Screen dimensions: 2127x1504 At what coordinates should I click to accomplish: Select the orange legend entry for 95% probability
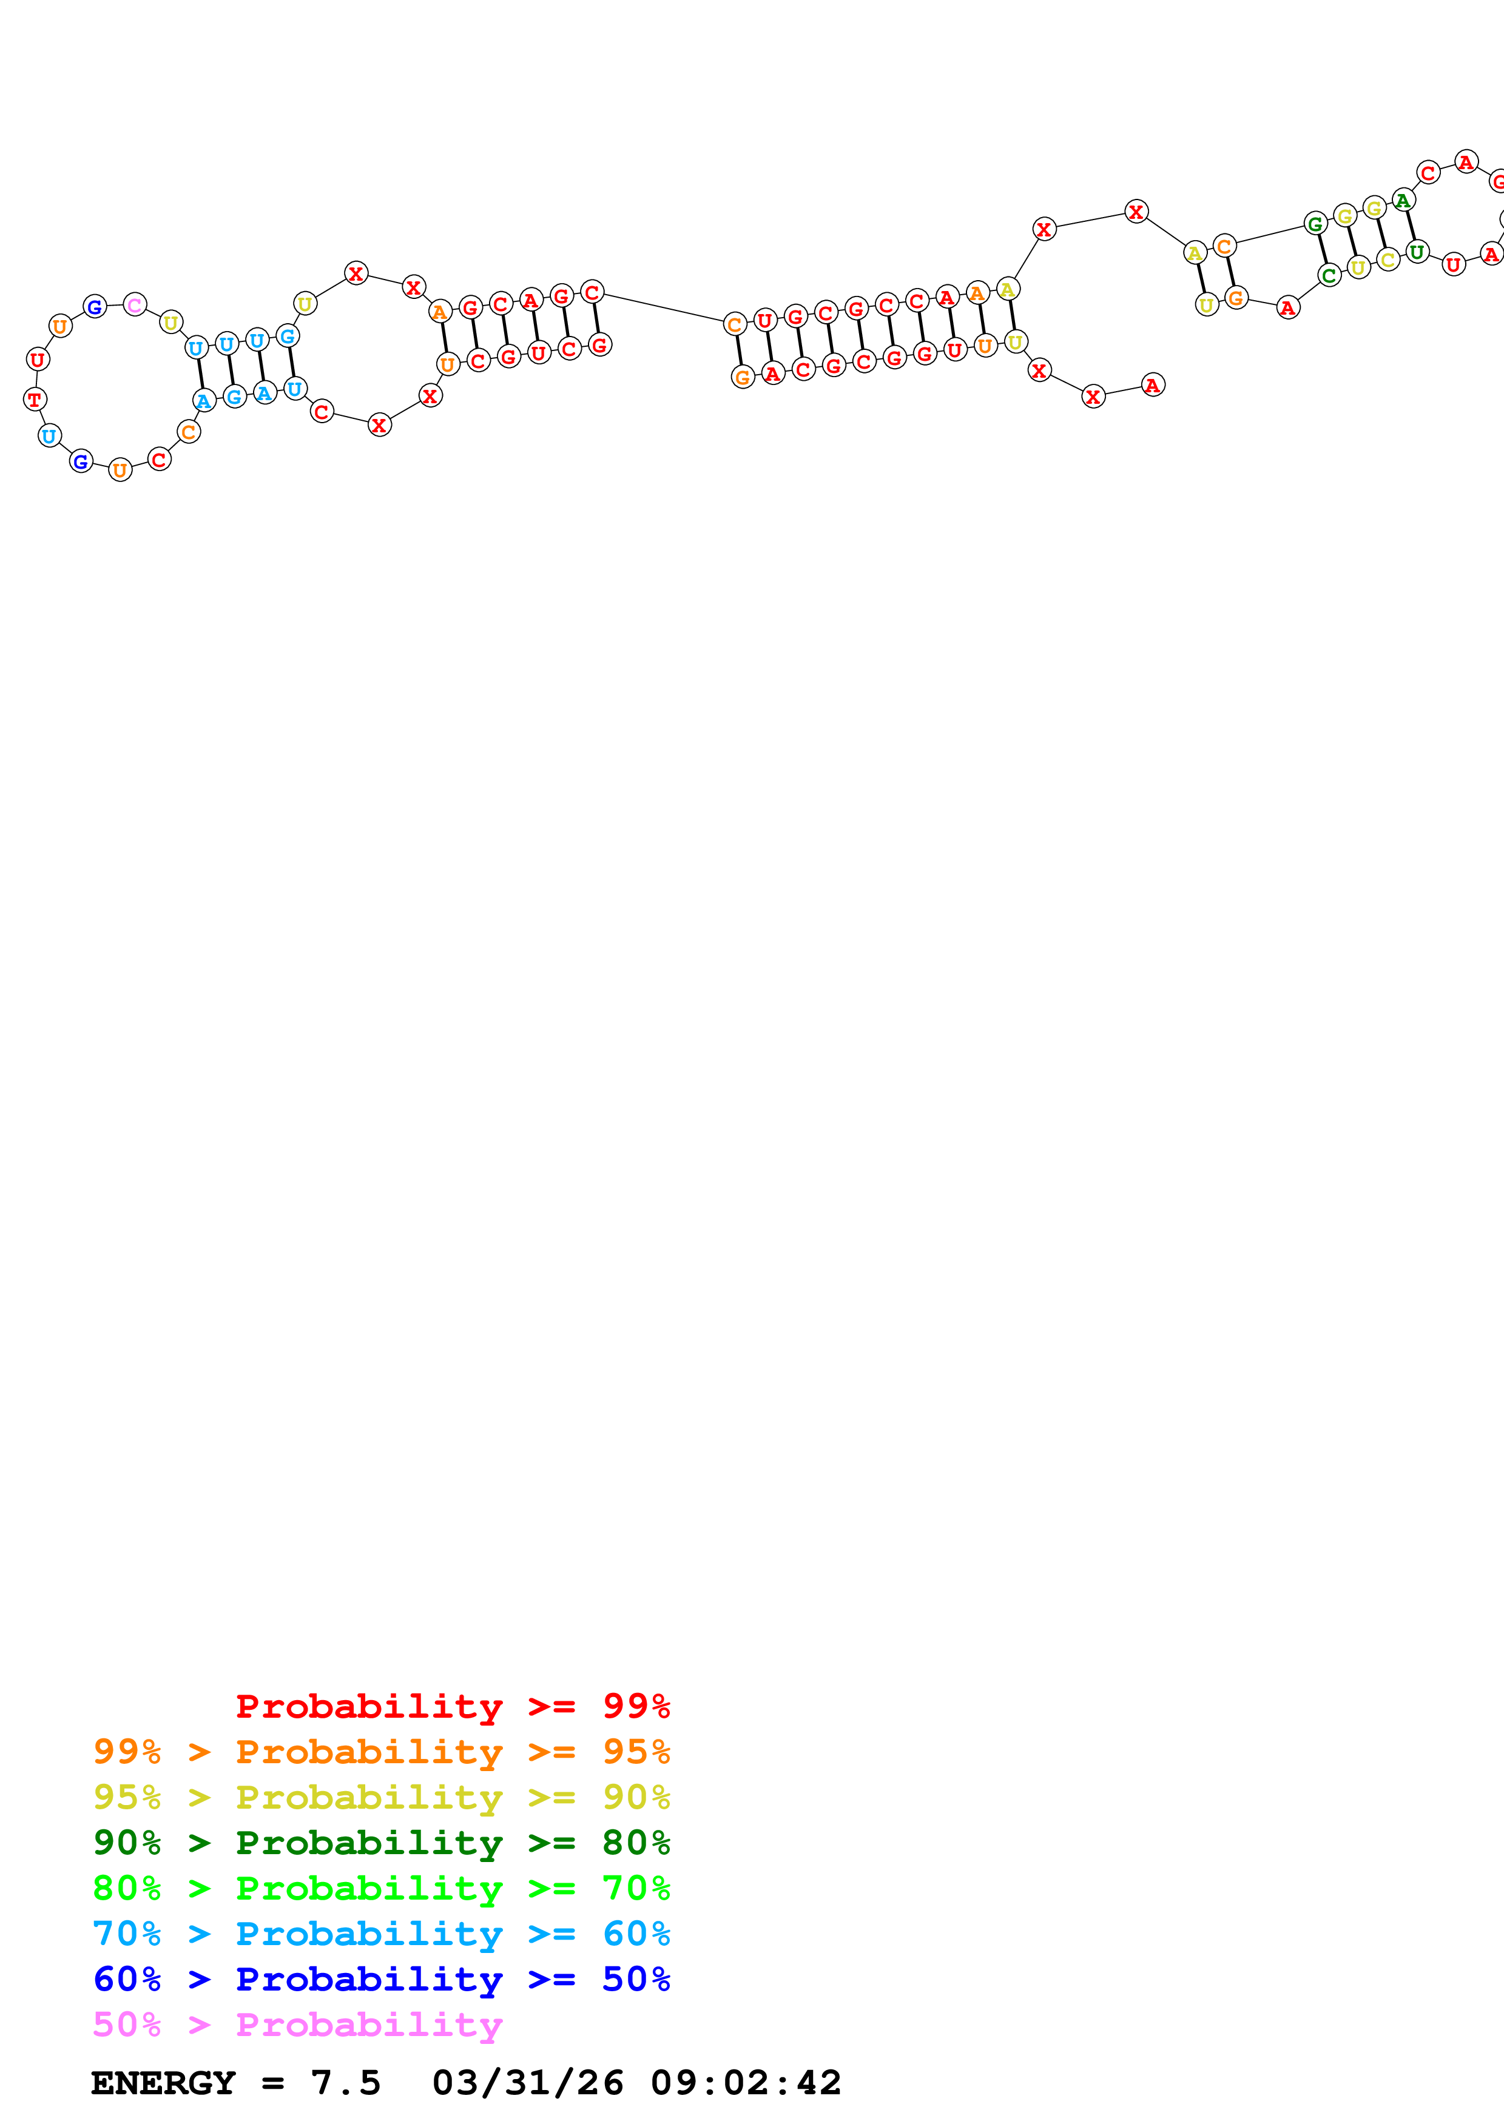(x=381, y=1752)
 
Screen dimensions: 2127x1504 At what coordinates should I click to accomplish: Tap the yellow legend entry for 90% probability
(x=381, y=1797)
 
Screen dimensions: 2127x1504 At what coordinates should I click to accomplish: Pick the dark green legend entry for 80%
(x=381, y=1843)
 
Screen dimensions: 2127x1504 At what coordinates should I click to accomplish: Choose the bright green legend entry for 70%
(x=381, y=1888)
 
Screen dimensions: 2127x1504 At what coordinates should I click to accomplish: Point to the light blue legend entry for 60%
(x=381, y=1934)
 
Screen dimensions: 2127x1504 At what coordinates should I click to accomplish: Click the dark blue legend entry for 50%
(x=381, y=1979)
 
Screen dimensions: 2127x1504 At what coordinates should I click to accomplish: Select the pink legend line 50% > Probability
(x=297, y=2024)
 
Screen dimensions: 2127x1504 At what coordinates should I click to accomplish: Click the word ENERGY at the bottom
(x=163, y=2083)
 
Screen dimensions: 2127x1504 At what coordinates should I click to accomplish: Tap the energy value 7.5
(x=345, y=2083)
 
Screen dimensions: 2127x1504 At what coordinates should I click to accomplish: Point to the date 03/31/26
(x=527, y=2083)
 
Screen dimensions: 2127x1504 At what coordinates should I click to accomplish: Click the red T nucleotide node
(x=35, y=400)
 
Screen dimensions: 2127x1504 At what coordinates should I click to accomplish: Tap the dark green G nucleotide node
(x=1315, y=223)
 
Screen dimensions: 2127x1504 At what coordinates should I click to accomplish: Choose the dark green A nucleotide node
(x=1404, y=200)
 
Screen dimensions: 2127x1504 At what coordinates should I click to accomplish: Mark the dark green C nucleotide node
(x=1329, y=275)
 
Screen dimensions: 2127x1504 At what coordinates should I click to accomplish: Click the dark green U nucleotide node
(x=1417, y=251)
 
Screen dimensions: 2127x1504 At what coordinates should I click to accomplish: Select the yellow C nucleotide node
(x=1388, y=260)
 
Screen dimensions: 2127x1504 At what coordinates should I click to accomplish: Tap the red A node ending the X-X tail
(x=1153, y=386)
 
